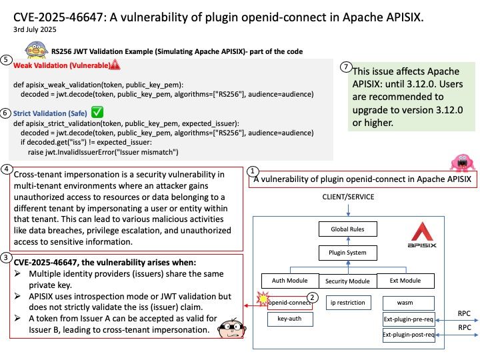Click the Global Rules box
pos(348,229)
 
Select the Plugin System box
pos(348,253)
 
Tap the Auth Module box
pos(290,281)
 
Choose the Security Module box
pos(348,281)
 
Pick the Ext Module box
pos(405,281)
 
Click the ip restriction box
pos(349,303)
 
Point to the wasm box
pos(409,303)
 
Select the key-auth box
pos(290,319)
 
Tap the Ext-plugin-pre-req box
pos(409,319)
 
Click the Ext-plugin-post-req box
pos(409,335)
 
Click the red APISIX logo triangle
pos(422,231)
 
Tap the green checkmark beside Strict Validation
pos(97,112)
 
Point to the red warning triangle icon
pos(115,65)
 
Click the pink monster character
pos(463,162)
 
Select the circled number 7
pos(346,67)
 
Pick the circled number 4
pos(7,169)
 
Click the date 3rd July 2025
pos(35,29)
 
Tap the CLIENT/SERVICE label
pos(348,197)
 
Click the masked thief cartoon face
pos(231,328)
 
